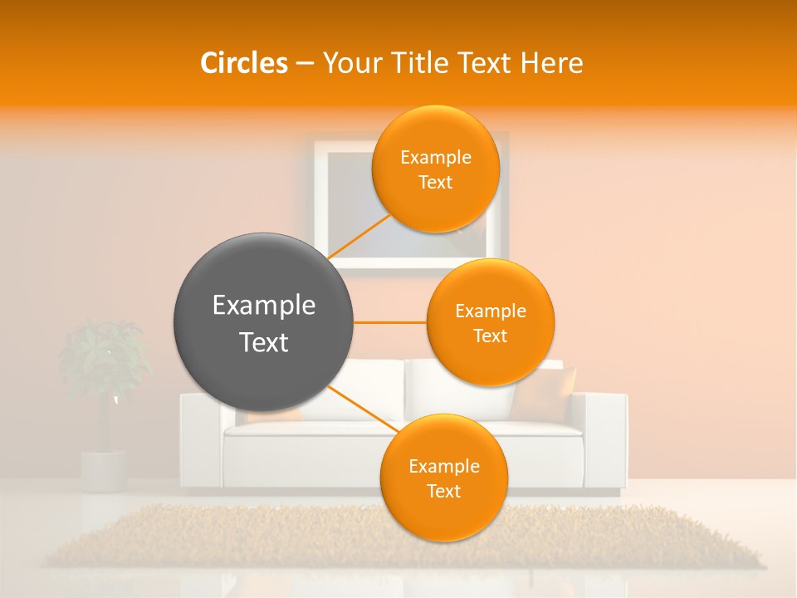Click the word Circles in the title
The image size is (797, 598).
tap(244, 63)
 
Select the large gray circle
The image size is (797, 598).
tap(264, 322)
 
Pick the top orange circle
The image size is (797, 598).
tap(435, 169)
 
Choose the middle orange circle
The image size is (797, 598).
tap(490, 322)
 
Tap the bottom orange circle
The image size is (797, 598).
tap(443, 478)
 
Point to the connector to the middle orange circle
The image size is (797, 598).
tap(389, 322)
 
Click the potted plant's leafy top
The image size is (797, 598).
tap(104, 357)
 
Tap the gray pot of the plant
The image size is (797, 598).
tap(104, 470)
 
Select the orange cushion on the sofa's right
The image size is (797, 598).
tap(545, 393)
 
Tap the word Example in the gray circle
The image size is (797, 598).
tap(264, 306)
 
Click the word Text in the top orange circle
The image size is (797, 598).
tap(435, 183)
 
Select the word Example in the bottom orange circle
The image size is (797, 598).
tap(443, 466)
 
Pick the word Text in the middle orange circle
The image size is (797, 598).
tap(490, 336)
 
